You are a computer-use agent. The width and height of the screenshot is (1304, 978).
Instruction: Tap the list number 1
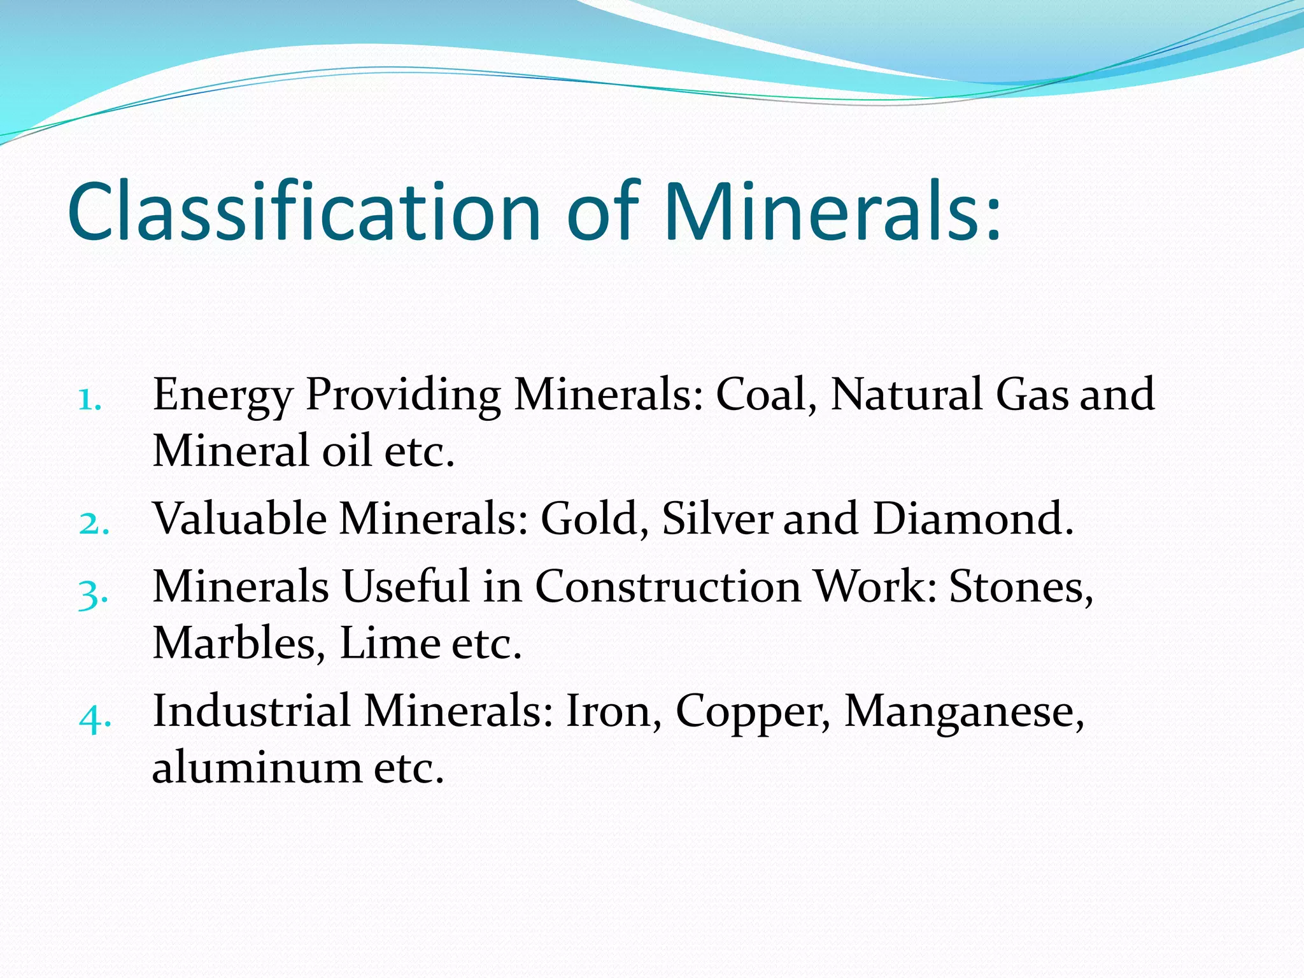90,400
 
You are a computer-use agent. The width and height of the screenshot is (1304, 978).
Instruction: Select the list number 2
94,524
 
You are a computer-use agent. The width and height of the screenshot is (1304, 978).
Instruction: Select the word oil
346,450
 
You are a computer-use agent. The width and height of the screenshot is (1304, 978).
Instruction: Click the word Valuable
240,518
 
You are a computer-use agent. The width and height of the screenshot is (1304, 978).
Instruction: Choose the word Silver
717,518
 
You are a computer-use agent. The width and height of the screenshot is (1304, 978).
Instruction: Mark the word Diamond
972,518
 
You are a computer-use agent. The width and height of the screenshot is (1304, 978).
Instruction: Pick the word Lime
390,642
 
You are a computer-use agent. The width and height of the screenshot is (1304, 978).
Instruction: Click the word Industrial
252,711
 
